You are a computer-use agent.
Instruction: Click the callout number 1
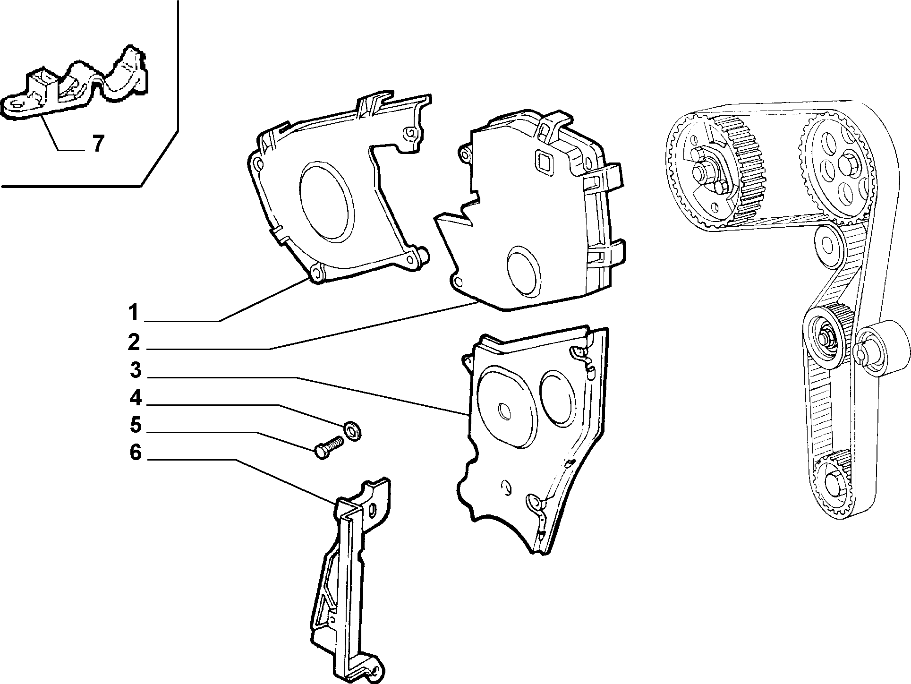point(134,312)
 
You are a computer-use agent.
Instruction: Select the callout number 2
point(134,342)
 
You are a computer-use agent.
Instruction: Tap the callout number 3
point(136,370)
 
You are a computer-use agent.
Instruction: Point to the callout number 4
point(136,398)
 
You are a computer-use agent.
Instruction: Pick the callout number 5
point(136,425)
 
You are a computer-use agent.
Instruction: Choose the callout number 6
point(136,453)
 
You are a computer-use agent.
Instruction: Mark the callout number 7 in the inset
point(97,144)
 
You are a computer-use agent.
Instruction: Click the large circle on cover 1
point(326,201)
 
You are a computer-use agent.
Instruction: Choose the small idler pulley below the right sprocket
point(827,243)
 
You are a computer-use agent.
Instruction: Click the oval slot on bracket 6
point(374,511)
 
